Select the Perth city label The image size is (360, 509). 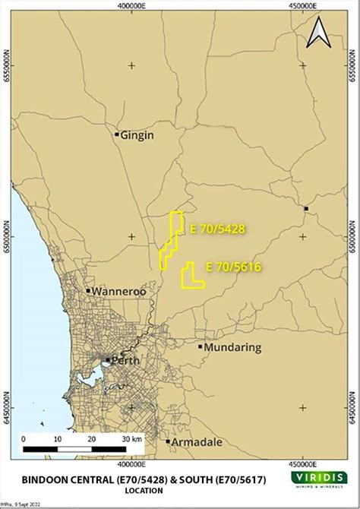(126, 360)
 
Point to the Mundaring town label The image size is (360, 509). (232, 347)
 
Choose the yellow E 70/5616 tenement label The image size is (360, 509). (233, 267)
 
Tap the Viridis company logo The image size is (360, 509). (319, 479)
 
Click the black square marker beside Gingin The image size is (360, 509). (116, 135)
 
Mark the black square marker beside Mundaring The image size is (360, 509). (200, 347)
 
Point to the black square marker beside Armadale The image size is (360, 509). (168, 441)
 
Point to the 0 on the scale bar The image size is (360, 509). (24, 438)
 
